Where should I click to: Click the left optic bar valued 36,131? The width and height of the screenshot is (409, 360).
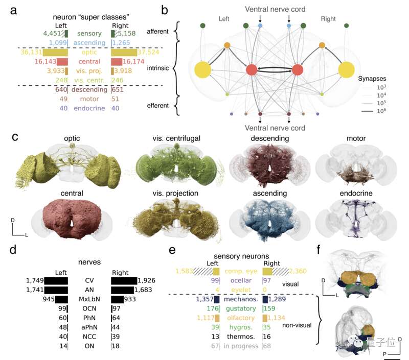(x=56, y=53)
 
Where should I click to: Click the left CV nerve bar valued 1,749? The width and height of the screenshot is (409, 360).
(x=56, y=280)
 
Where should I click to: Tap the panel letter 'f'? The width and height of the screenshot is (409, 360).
(x=321, y=250)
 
